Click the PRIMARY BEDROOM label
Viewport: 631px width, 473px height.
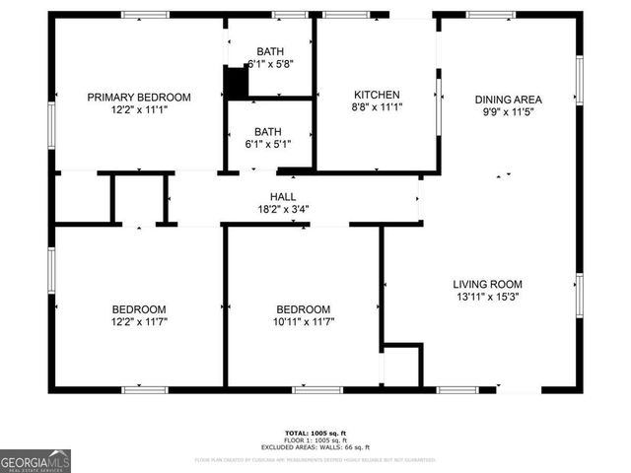pos(138,97)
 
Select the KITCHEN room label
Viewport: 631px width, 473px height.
pos(378,95)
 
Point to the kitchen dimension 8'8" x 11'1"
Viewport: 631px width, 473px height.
pos(378,107)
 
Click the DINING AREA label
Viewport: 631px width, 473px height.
pos(509,99)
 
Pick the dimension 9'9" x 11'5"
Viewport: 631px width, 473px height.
pos(509,111)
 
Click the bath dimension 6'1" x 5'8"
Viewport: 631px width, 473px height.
pos(270,64)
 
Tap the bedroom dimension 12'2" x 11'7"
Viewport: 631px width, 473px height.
pos(138,321)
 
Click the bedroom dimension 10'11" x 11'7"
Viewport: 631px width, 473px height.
pos(303,321)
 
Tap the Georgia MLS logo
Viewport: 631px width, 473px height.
pos(35,461)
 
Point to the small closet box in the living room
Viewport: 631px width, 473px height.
pos(401,365)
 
